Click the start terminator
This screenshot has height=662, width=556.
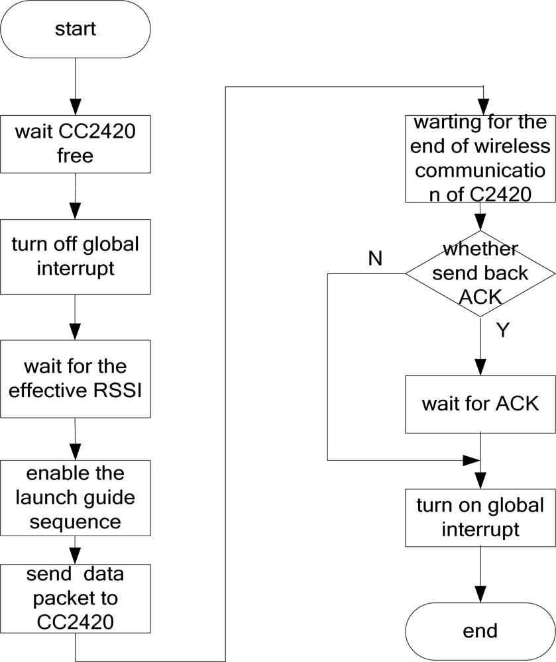click(75, 30)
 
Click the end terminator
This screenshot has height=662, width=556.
click(480, 630)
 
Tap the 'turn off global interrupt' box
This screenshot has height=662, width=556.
click(75, 256)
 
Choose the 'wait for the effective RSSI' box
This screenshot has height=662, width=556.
click(75, 377)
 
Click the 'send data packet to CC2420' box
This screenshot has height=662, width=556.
click(75, 598)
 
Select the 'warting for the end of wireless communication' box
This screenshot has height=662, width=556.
click(480, 159)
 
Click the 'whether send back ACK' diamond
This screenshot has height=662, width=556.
click(480, 273)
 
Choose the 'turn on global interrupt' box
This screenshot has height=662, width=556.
click(480, 518)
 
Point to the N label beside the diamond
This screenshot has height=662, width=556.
click(375, 259)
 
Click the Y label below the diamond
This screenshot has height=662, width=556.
click(503, 330)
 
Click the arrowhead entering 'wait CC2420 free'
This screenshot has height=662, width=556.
click(75, 106)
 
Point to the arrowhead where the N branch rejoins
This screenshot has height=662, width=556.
click(471, 460)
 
